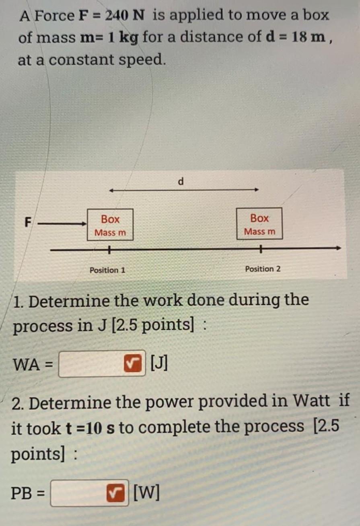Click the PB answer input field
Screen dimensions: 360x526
point(78,493)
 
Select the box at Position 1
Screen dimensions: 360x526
point(110,225)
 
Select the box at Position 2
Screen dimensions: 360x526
point(259,224)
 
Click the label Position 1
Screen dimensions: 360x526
point(107,270)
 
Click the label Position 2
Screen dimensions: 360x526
point(263,269)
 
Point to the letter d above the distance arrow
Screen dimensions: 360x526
point(181,182)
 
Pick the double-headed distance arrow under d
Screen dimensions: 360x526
point(184,190)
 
